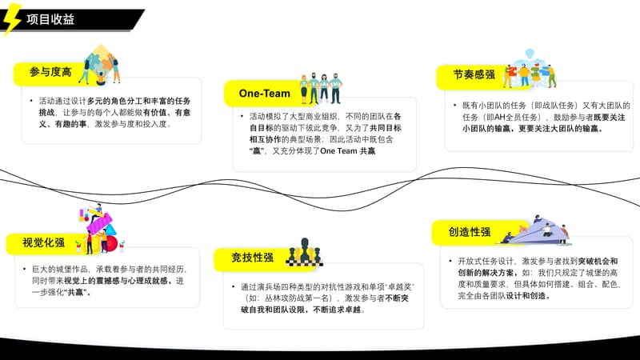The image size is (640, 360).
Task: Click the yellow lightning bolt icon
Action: [x=12, y=19]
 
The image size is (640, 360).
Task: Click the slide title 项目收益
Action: [x=50, y=20]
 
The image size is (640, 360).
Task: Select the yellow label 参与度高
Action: [x=50, y=73]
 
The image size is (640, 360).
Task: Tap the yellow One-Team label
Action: [x=265, y=94]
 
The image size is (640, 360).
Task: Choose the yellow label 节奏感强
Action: [x=474, y=75]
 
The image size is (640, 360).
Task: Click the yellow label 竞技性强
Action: [x=252, y=258]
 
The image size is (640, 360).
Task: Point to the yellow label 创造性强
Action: [x=469, y=232]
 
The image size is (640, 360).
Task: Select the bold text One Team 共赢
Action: [x=347, y=150]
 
